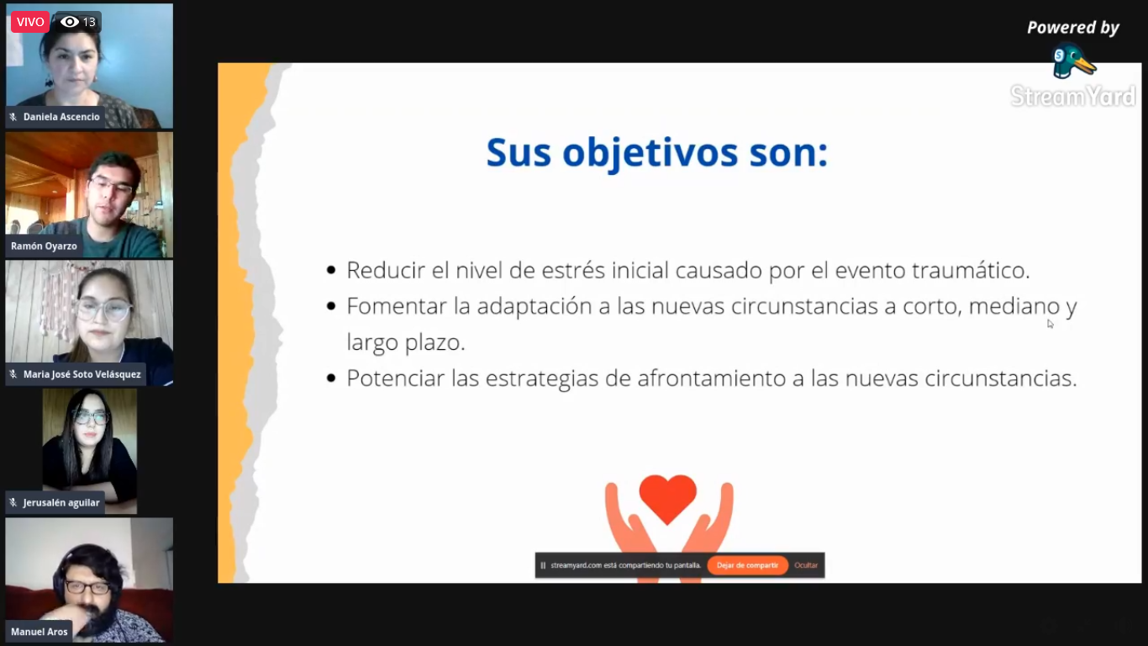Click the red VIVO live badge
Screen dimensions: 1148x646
(30, 22)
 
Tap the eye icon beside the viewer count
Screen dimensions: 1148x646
(70, 22)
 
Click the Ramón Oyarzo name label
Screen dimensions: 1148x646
(44, 246)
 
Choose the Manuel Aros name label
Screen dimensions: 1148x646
(39, 632)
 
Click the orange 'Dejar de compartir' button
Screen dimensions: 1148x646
(747, 565)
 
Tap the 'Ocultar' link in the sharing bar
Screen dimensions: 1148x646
(806, 565)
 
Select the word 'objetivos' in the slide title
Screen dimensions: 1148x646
(650, 153)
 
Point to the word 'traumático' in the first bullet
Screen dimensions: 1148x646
(970, 270)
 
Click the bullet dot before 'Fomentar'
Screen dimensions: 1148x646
(331, 306)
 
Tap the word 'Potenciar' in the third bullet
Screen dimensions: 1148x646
(396, 379)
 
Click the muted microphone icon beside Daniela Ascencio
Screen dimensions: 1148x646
(13, 118)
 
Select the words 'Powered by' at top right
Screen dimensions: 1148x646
(1073, 28)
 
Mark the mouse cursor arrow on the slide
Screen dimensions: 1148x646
(1051, 324)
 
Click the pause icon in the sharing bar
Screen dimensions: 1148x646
(543, 565)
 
